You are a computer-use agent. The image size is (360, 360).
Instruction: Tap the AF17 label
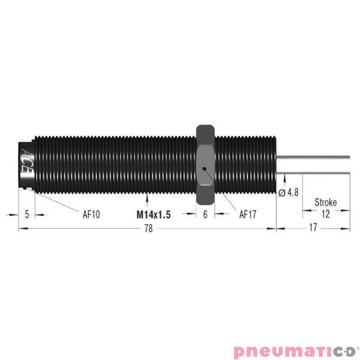coord(248,215)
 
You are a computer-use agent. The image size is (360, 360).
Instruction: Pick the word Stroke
coord(325,203)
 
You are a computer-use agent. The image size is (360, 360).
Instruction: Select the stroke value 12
coord(326,215)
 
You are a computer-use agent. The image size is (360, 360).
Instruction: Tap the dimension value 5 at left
coord(26,215)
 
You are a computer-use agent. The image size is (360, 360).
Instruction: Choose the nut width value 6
coord(205,215)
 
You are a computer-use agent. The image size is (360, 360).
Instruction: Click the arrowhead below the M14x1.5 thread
coord(146,195)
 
